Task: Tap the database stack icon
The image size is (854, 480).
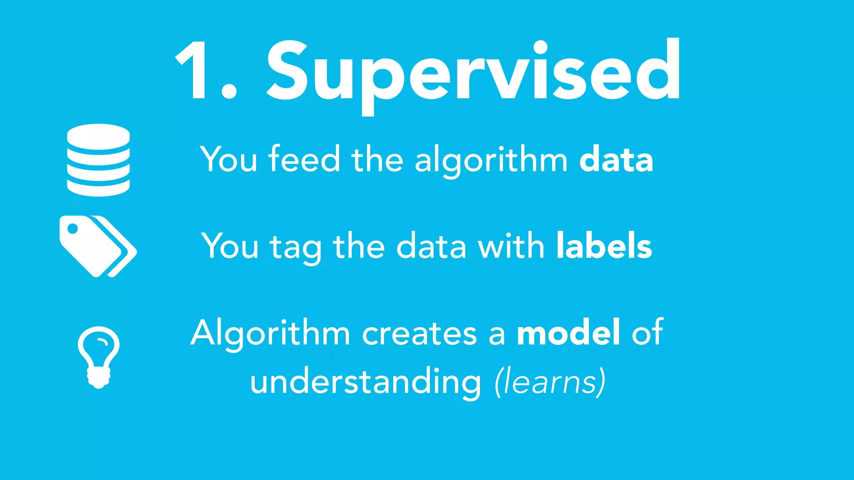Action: point(98,160)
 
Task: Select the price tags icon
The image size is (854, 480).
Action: point(98,246)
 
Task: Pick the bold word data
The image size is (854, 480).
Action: point(616,159)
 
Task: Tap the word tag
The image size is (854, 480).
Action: point(296,247)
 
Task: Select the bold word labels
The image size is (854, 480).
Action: point(604,246)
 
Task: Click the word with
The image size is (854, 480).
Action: point(511,246)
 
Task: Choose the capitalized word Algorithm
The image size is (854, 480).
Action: point(270,333)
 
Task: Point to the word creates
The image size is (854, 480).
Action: point(419,333)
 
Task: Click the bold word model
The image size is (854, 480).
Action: point(568,332)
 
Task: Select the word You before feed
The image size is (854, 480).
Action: point(229,159)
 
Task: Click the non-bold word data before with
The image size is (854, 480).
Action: point(431,246)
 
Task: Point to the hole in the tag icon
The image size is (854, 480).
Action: point(73,229)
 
